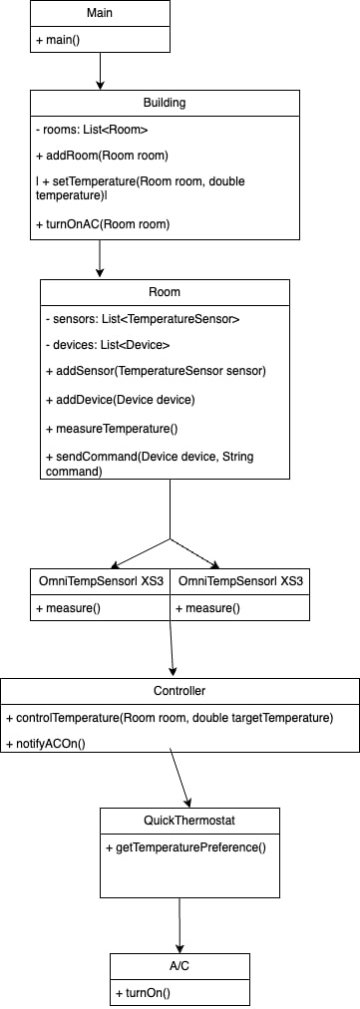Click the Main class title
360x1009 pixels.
100,14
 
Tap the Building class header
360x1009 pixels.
165,103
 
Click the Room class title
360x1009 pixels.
165,292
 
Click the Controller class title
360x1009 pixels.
180,690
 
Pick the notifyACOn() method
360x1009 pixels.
46,745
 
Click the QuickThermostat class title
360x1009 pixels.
189,821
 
